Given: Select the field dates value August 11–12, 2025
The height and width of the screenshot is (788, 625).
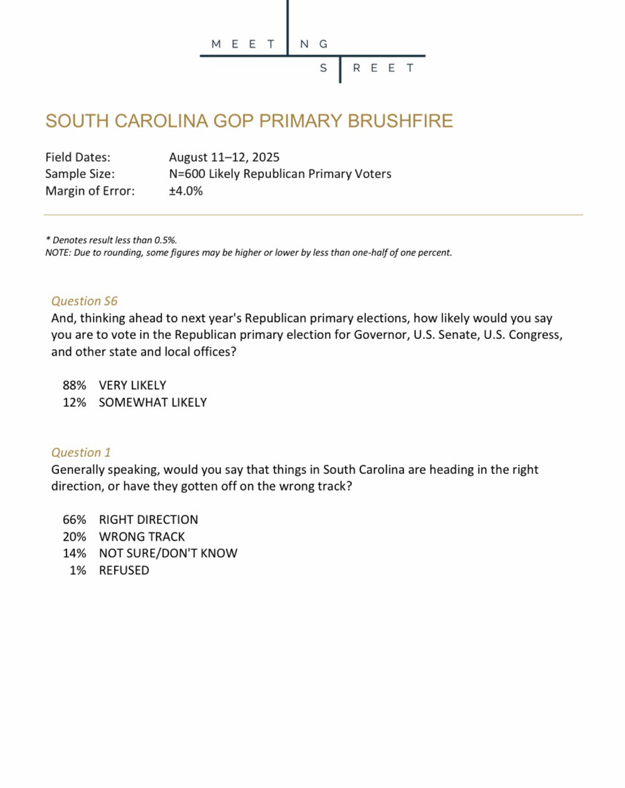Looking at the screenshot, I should click(x=224, y=157).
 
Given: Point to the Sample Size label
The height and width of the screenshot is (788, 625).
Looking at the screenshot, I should click(x=80, y=174).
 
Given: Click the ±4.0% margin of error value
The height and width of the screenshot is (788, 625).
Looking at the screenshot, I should click(x=186, y=191).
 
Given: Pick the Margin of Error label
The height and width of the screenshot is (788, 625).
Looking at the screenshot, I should click(x=89, y=191).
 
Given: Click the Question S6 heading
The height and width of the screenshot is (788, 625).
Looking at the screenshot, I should click(x=85, y=301).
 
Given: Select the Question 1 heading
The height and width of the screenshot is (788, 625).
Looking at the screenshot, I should click(x=81, y=453).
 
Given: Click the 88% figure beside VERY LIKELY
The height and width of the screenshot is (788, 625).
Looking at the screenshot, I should click(x=74, y=385).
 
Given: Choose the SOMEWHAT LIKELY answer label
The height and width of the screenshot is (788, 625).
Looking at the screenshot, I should click(x=152, y=402).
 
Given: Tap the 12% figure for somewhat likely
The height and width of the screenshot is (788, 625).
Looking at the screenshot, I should click(x=74, y=402).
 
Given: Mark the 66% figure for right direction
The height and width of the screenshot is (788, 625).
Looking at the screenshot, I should click(x=74, y=519).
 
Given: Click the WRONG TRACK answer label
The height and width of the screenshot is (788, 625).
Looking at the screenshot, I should click(x=141, y=536).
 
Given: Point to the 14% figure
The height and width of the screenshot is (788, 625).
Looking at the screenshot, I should click(x=74, y=553).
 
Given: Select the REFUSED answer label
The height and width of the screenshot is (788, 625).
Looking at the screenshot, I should click(x=123, y=570).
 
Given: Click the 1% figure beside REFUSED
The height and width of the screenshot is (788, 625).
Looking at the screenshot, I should click(x=78, y=570).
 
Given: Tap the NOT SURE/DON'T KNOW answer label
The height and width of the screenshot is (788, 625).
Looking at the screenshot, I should click(x=168, y=553).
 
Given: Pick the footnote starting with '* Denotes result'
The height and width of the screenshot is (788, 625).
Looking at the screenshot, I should click(x=112, y=240).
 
